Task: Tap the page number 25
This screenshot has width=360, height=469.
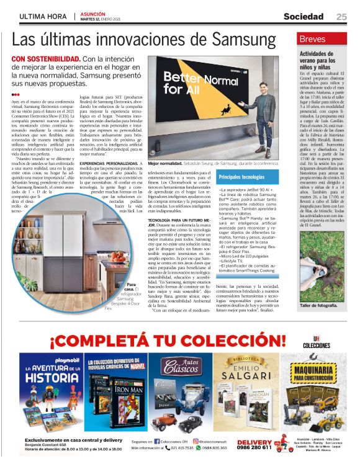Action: point(341,17)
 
